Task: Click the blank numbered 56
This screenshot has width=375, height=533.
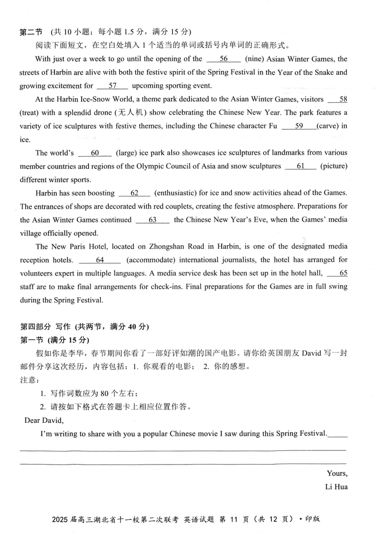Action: click(224, 59)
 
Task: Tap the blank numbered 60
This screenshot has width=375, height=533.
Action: click(95, 153)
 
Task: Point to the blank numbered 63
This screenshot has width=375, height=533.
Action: click(152, 220)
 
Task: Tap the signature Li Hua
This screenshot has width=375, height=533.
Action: click(336, 487)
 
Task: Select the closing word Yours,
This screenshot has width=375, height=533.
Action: click(337, 473)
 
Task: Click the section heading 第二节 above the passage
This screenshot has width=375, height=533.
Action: click(30, 32)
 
